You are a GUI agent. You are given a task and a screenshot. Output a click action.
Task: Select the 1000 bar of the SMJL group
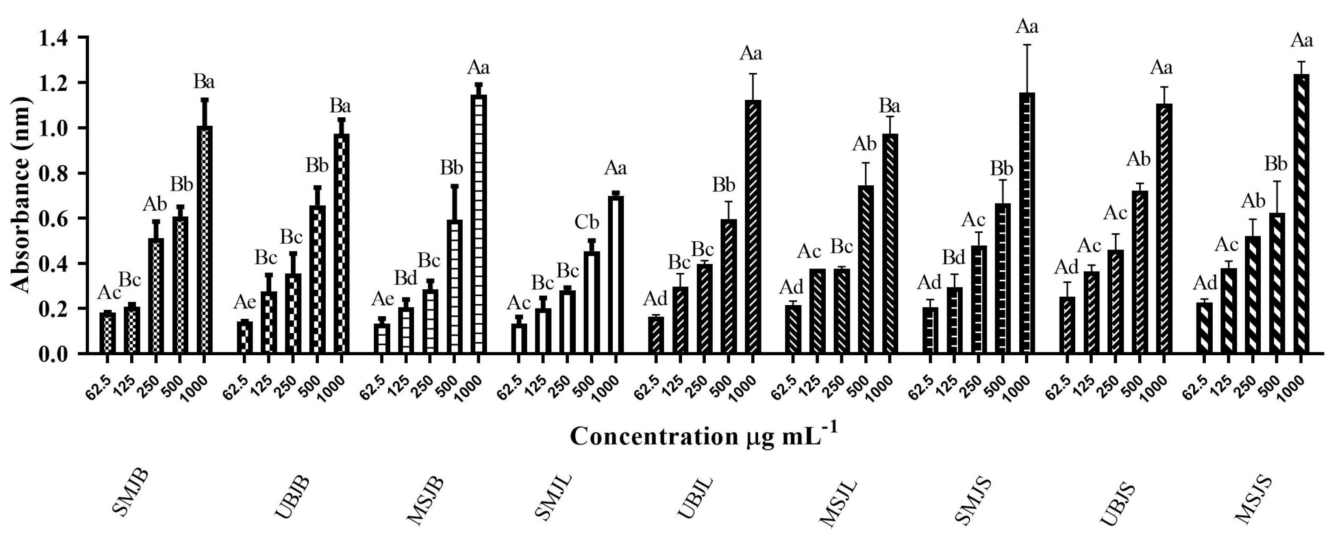point(615,275)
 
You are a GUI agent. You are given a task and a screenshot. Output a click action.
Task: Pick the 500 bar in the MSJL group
point(866,269)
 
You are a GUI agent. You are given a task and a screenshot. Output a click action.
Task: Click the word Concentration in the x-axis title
point(653,436)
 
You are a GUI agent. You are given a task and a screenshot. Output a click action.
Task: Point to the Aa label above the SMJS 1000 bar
point(1027,26)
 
